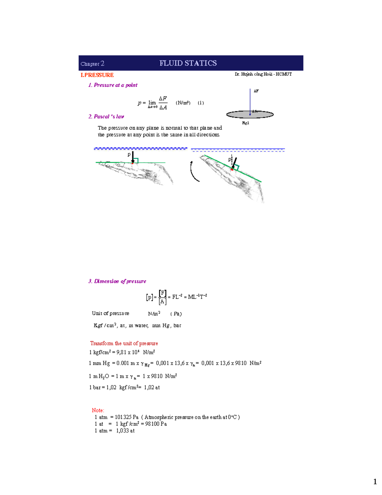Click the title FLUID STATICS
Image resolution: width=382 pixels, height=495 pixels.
(x=188, y=63)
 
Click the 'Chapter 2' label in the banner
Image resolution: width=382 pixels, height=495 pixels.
(x=92, y=64)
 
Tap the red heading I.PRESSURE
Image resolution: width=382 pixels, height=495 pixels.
(x=97, y=75)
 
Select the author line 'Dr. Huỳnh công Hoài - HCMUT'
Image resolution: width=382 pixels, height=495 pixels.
(x=263, y=74)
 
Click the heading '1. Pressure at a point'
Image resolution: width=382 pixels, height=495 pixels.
(x=113, y=85)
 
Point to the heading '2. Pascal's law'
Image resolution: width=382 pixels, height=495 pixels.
(x=106, y=117)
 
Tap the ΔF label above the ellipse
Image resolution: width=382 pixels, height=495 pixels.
(x=256, y=91)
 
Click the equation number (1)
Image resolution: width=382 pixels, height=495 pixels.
(x=201, y=103)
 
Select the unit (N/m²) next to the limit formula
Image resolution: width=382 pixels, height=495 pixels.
(x=183, y=103)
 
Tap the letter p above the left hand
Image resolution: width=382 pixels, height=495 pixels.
(x=129, y=154)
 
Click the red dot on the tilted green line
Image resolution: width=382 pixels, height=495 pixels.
(x=232, y=170)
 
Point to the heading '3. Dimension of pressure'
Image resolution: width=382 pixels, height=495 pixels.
(x=117, y=281)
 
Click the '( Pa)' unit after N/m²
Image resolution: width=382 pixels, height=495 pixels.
(x=176, y=314)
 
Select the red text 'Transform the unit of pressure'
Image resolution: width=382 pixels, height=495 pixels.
(x=124, y=343)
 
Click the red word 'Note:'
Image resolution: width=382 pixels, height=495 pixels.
(x=98, y=410)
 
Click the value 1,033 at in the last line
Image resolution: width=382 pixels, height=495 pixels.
(x=125, y=431)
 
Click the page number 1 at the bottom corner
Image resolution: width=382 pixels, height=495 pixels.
(x=375, y=482)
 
